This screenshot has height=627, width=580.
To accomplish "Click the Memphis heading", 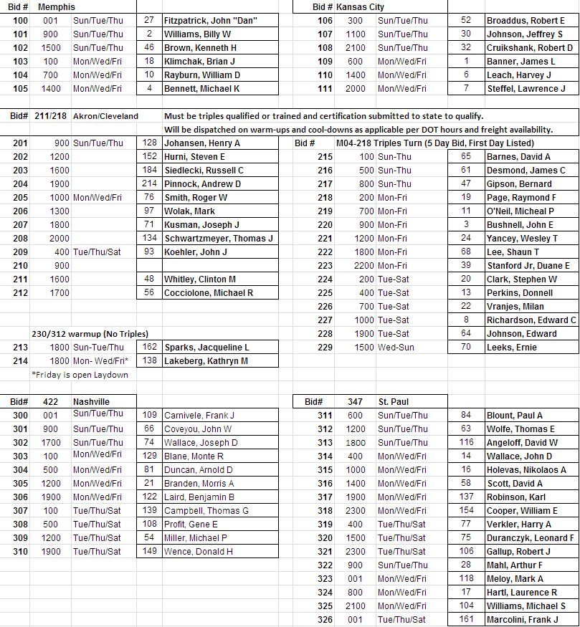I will [x=57, y=6].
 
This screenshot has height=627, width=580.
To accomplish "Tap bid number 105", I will [x=20, y=89].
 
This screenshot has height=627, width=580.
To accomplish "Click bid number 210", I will [x=20, y=266].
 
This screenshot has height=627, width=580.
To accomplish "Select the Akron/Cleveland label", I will [x=105, y=116].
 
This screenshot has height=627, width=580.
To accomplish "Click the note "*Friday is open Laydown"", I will [x=80, y=375].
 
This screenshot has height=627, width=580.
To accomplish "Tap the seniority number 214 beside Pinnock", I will [x=149, y=184].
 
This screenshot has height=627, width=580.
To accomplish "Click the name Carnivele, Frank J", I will [x=199, y=416].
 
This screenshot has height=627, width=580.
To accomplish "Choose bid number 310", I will [x=20, y=552].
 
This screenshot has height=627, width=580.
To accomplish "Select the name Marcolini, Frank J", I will [x=522, y=620].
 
